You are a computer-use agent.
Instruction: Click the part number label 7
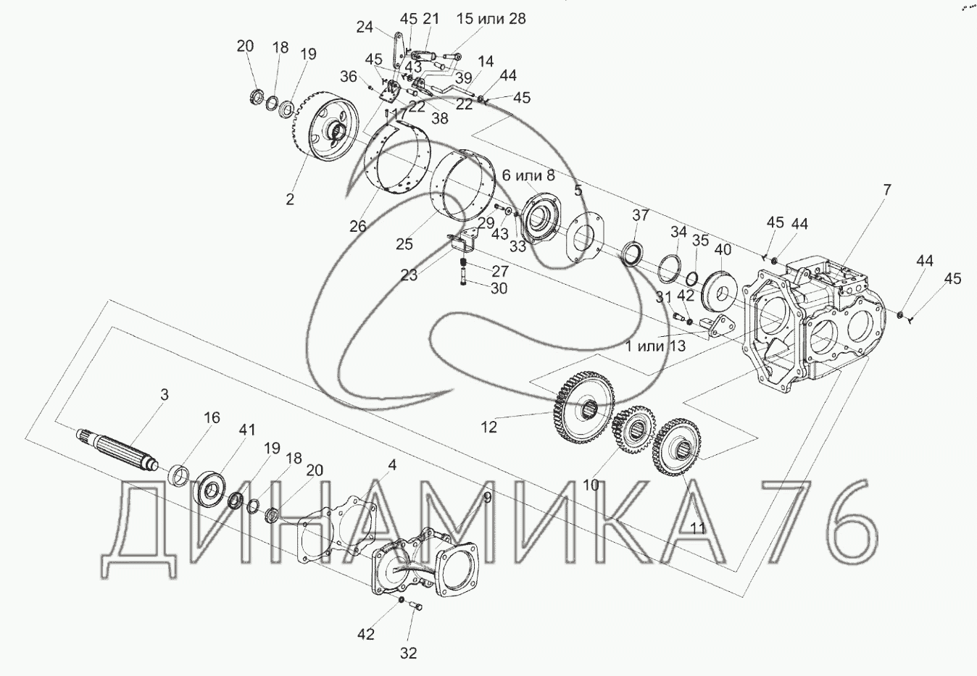(x=886, y=190)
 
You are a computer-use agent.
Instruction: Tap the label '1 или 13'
(x=655, y=346)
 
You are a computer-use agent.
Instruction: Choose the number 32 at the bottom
(x=409, y=653)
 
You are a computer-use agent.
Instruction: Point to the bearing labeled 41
(x=215, y=485)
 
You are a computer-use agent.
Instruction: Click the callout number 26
(x=358, y=226)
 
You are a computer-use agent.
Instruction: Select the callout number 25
(x=404, y=244)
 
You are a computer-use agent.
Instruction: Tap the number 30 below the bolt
(x=498, y=288)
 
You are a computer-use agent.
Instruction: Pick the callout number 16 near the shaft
(x=211, y=417)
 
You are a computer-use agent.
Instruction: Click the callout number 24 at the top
(x=365, y=27)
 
